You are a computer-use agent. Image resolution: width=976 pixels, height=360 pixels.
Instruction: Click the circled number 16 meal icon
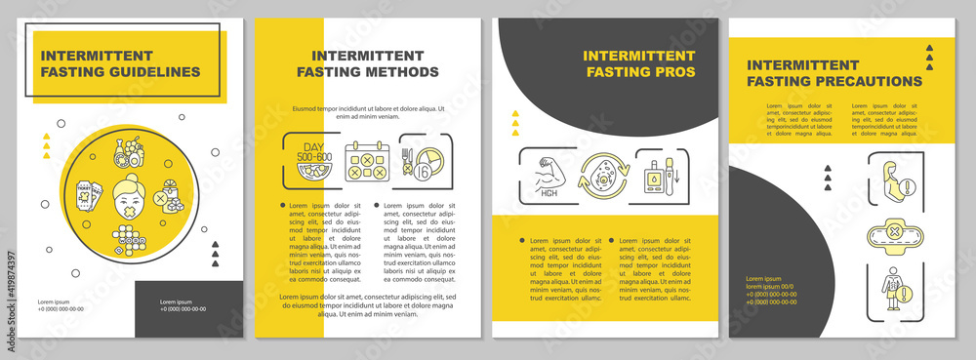coord(427,162)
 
